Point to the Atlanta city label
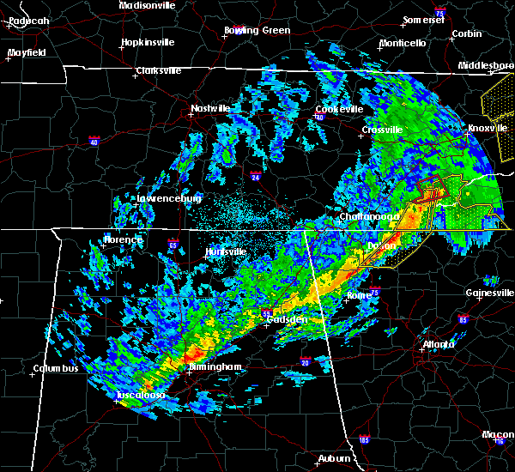439,345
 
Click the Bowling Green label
257,30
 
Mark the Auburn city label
336,458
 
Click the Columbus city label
56,368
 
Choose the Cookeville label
339,109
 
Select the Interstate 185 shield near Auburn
365,440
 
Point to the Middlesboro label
487,65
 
